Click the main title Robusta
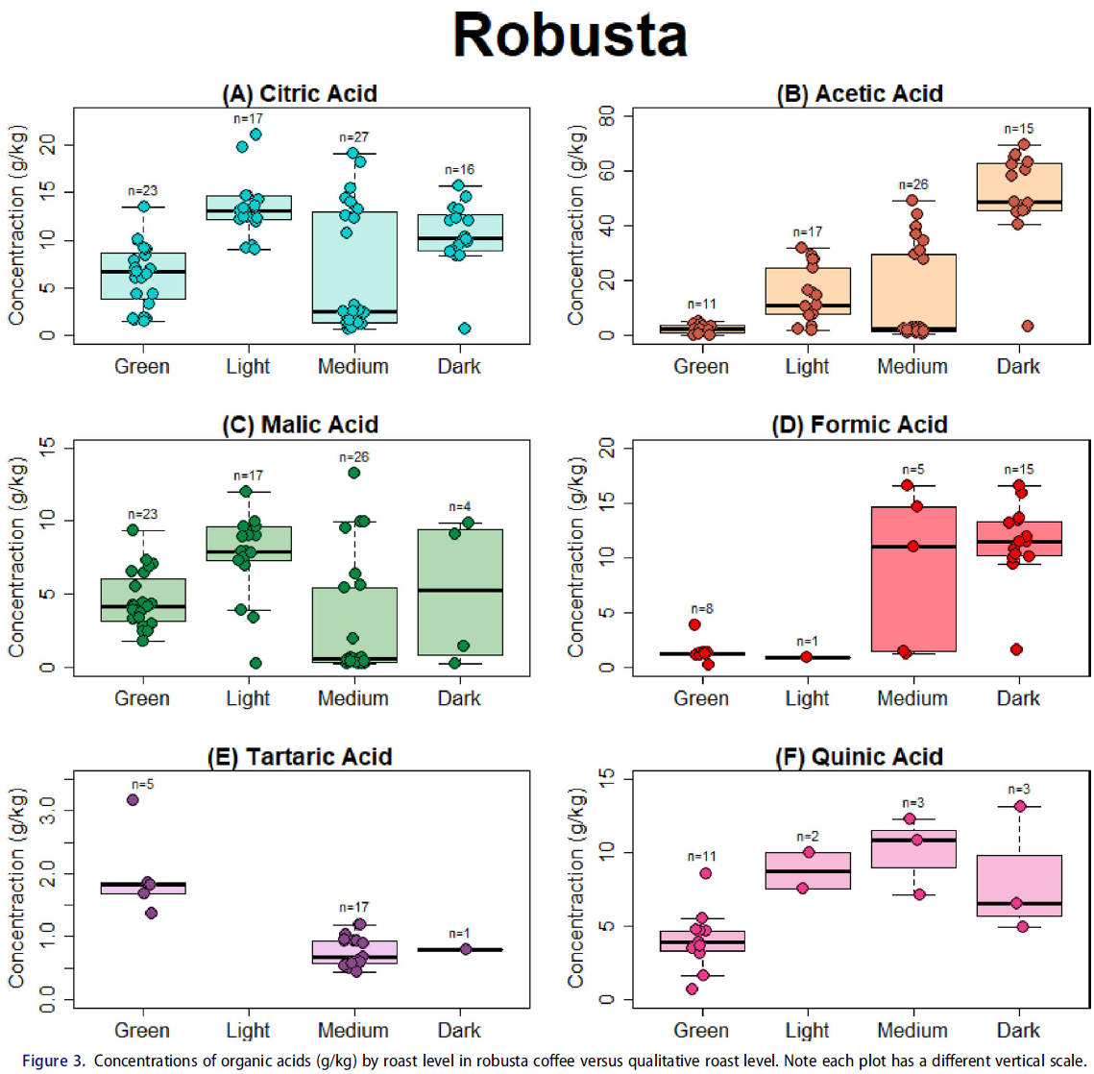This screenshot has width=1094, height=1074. coord(571,37)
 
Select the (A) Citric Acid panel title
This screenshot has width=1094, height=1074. coord(300,93)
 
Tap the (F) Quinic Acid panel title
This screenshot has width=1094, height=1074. coord(859,757)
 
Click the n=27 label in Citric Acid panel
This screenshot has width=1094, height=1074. coord(353,137)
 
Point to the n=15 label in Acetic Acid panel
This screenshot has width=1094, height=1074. coord(1018,129)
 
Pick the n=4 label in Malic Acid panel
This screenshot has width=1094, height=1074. coord(459,506)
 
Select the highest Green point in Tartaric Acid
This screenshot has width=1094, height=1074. coord(133,800)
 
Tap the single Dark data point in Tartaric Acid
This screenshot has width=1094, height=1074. coord(466,949)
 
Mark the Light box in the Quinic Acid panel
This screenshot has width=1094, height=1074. coord(807,870)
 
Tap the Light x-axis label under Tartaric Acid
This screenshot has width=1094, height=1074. coord(248,1031)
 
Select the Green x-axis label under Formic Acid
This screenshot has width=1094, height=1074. coord(701,698)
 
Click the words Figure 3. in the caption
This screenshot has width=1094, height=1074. coord(54,1061)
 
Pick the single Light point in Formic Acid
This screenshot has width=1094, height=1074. coord(807,657)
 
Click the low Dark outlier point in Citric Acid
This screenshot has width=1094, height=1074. coord(465,329)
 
